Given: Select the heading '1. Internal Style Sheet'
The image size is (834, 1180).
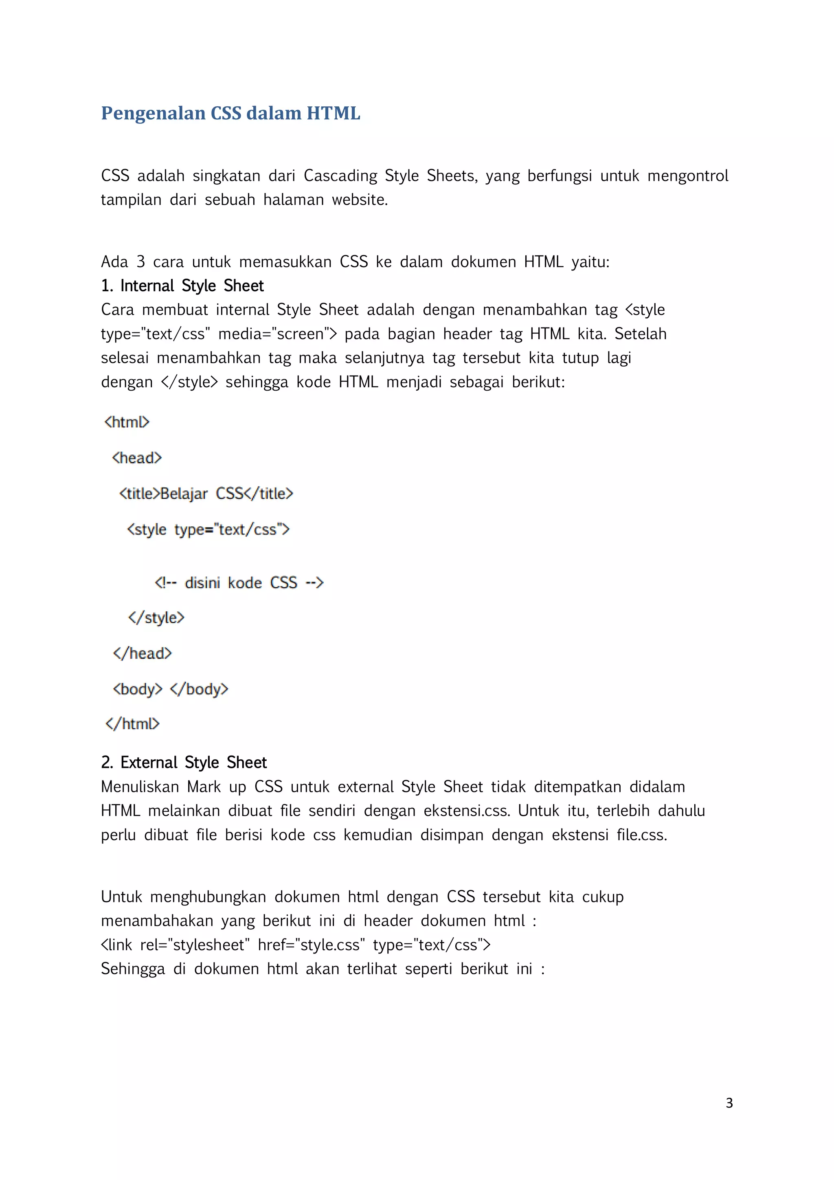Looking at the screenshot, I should [182, 286].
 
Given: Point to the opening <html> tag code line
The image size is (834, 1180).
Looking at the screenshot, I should [126, 422].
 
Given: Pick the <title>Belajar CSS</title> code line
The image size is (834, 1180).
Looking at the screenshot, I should [206, 493].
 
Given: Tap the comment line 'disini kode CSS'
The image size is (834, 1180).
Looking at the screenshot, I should [239, 583].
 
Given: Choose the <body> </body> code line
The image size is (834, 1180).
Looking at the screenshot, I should [171, 689].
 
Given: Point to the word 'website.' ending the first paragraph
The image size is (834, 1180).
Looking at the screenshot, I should [360, 200].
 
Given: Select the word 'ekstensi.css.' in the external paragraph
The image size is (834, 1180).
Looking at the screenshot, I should [467, 811].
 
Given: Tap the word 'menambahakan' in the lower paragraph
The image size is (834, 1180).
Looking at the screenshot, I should [157, 921].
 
